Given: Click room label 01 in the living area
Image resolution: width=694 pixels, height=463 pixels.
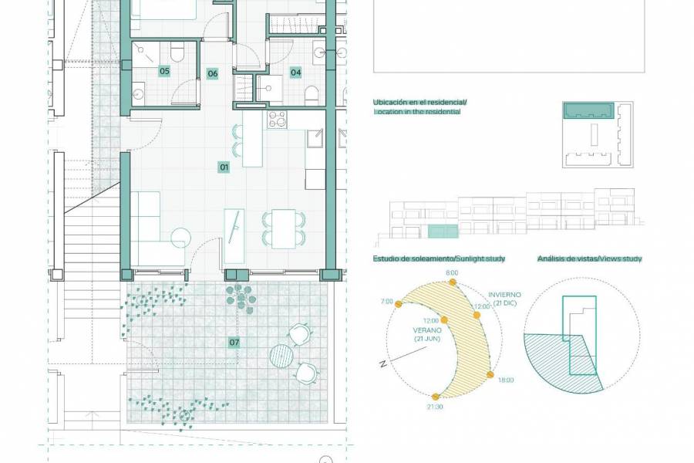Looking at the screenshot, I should (224, 167).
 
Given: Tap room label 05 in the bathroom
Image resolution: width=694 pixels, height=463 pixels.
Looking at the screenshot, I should (164, 71).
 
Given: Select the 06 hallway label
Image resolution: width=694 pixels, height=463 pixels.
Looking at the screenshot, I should (213, 74).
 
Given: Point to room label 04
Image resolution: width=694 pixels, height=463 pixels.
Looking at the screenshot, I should (295, 73).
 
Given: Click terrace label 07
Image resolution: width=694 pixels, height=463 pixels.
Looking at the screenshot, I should (234, 341).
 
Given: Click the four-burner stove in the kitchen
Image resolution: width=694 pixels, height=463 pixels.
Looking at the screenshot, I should (277, 120).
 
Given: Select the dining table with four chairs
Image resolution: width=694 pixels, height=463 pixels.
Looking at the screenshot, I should (283, 228).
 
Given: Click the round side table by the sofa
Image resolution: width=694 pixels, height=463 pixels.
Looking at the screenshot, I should (181, 237).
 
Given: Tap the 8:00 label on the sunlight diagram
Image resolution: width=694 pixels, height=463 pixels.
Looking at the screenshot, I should (452, 272).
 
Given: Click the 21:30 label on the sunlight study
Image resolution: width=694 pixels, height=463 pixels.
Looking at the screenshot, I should (434, 406).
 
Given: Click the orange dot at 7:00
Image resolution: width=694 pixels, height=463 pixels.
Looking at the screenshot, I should (399, 304).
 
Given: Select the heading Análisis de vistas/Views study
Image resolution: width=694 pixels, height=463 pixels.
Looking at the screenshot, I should (590, 259).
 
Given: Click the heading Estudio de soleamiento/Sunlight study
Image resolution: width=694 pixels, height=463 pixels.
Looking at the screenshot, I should (439, 259).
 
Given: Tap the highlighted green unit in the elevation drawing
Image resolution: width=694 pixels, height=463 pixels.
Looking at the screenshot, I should (443, 231).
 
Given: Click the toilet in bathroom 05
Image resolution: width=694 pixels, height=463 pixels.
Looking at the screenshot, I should (177, 52).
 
